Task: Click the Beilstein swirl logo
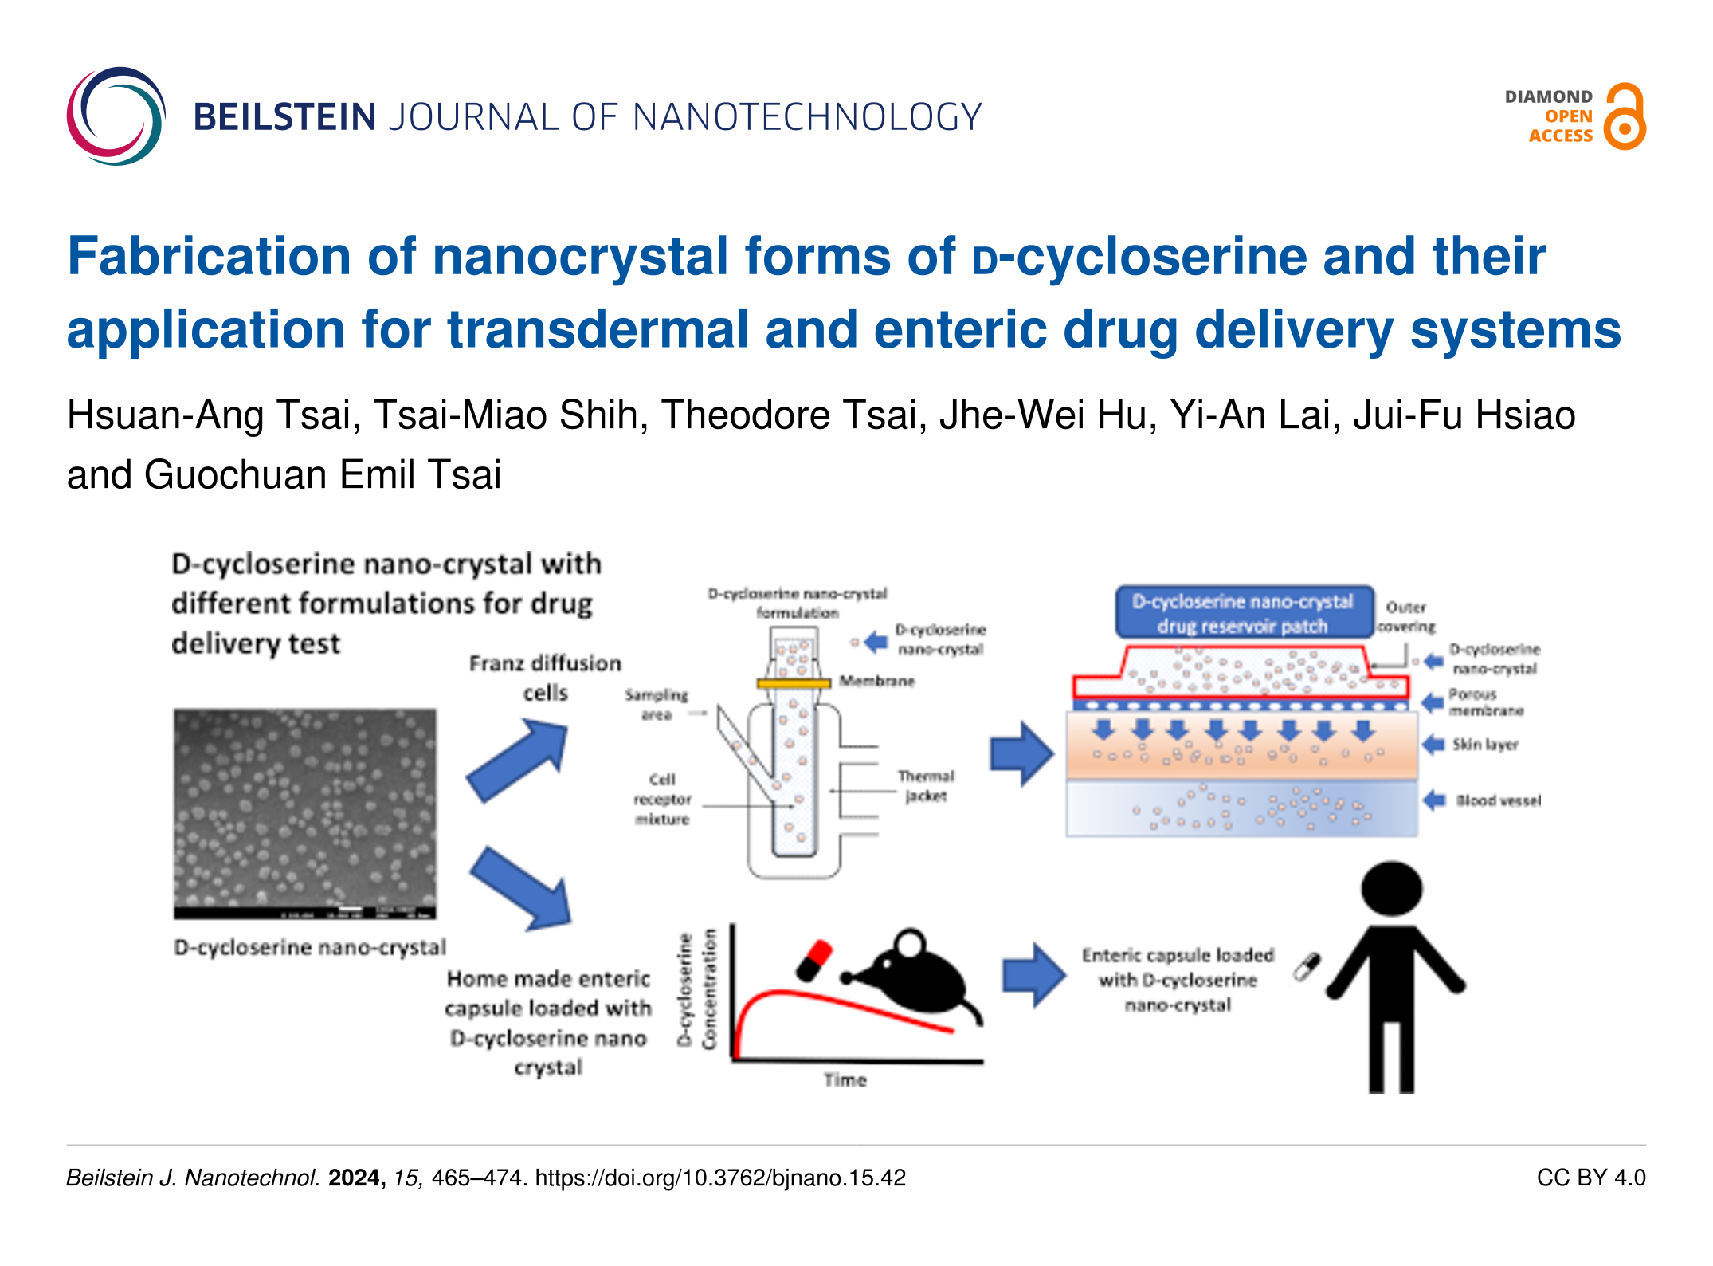116,116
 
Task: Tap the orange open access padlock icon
1625,117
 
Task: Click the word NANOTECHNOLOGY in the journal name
806,117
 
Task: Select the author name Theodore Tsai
794,415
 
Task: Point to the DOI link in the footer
720,1178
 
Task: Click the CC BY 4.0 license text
1590,1178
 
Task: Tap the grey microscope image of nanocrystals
305,812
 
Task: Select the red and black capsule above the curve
813,961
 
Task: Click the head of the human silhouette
1391,888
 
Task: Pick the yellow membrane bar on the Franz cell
794,683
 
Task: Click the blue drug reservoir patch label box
1243,613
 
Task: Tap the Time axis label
845,1080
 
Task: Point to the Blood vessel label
1498,800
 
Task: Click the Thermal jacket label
926,785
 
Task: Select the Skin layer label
1485,745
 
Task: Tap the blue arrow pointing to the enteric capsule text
1033,974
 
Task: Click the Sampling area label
656,704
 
